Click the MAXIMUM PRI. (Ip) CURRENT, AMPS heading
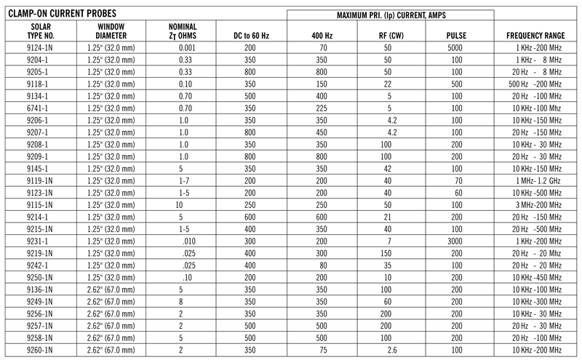point(390,15)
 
